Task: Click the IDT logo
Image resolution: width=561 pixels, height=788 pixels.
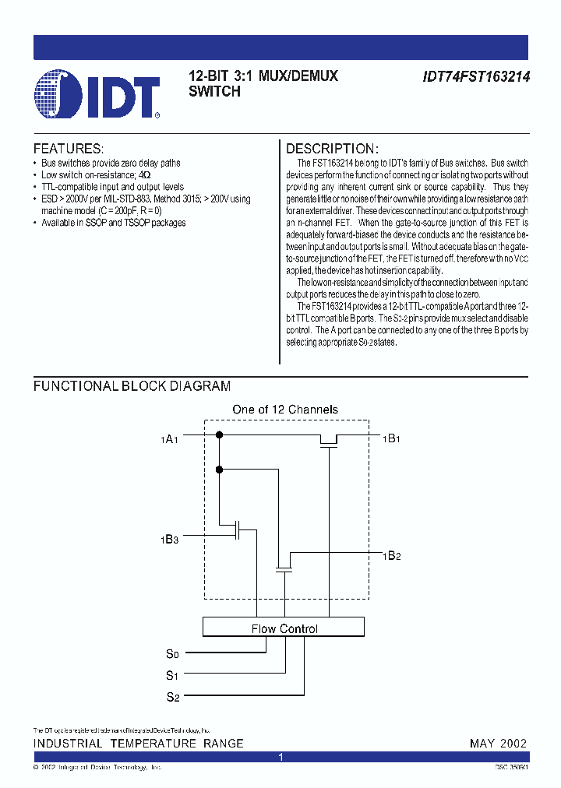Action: [97, 94]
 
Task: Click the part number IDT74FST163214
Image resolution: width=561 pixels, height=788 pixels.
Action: [476, 78]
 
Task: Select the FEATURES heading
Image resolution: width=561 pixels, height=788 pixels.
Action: [68, 149]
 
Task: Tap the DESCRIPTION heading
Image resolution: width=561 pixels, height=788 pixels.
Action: [333, 149]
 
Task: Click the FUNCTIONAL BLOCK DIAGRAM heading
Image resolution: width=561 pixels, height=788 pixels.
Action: [132, 386]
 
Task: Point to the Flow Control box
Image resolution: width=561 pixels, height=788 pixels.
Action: [284, 628]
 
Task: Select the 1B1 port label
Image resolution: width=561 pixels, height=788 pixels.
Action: [391, 438]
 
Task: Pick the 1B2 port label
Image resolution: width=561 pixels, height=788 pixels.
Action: [391, 555]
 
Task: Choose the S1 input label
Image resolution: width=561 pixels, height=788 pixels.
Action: [173, 675]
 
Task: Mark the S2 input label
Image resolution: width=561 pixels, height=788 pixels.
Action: [173, 697]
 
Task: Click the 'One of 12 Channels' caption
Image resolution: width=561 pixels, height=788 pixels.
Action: [285, 410]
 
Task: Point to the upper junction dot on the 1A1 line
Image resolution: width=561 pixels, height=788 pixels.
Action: [220, 434]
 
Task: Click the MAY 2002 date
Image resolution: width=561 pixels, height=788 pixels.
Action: [499, 744]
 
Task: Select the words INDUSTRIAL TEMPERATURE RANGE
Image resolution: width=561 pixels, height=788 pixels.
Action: [138, 744]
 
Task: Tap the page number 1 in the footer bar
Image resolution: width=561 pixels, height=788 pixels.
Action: [281, 757]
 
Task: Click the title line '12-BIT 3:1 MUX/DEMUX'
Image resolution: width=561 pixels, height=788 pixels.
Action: [263, 77]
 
